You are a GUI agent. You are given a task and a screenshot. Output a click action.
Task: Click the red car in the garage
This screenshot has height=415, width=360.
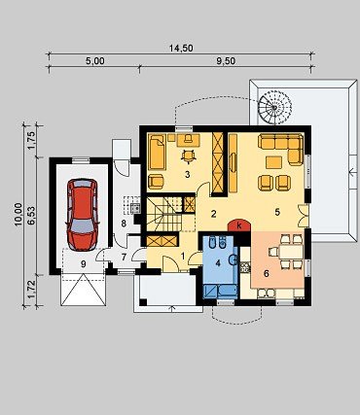82,215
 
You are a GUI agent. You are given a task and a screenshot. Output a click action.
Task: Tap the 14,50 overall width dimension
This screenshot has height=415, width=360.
181,49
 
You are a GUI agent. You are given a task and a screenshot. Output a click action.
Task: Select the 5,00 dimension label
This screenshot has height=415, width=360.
95,61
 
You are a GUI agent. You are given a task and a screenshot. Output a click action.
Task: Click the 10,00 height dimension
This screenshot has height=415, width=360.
18,214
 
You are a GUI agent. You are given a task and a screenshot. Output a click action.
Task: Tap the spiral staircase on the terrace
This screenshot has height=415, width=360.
274,107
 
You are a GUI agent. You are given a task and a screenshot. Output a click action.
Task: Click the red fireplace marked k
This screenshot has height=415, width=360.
239,225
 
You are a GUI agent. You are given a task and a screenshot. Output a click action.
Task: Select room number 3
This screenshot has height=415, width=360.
187,175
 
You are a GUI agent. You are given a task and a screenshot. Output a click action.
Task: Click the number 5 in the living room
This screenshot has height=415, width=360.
277,212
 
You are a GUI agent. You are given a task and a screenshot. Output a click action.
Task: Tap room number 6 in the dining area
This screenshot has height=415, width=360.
267,274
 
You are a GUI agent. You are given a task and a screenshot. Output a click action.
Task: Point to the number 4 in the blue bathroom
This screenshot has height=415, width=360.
218,263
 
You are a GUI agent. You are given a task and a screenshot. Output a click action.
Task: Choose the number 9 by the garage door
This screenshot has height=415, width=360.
84,264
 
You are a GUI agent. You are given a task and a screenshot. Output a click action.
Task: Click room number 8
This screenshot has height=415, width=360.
124,224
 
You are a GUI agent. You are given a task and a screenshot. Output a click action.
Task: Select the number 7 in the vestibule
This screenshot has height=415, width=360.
124,258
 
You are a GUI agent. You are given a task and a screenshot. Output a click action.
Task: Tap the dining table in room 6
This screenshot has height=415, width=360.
291,252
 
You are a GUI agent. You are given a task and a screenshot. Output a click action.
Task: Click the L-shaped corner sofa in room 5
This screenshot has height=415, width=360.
280,148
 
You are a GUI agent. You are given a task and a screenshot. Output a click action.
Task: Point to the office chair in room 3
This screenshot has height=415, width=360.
189,156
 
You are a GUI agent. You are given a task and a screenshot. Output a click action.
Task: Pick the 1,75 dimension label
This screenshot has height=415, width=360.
32,140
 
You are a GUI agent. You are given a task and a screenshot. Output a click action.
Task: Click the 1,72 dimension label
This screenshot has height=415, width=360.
32,291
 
